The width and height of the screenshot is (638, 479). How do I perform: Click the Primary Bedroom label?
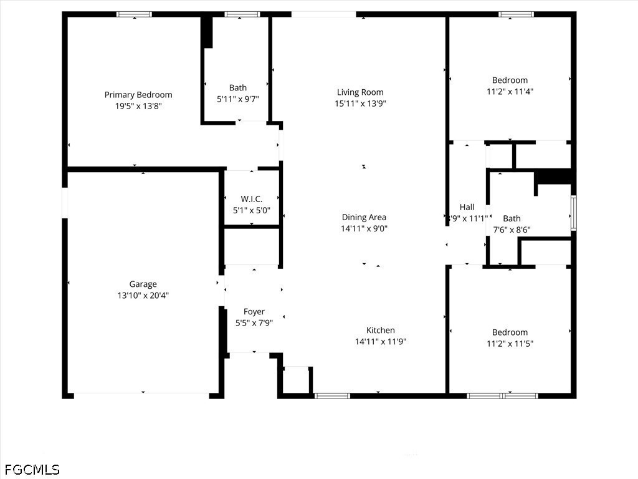[x=138, y=95]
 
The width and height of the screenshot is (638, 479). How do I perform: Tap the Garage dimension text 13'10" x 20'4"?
[x=143, y=295]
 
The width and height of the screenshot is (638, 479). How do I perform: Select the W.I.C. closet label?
[x=252, y=199]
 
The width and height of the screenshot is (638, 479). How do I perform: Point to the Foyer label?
[x=254, y=312]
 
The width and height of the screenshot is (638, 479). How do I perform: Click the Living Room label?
[x=360, y=92]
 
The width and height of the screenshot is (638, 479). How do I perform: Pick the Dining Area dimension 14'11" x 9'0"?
[x=364, y=228]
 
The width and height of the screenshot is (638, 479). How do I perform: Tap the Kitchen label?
[x=381, y=331]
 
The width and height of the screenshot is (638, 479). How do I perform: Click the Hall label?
[x=467, y=207]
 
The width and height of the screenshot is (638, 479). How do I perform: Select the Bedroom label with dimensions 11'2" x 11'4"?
[x=510, y=80]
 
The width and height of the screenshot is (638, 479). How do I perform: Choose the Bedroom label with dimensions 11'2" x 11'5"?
[x=510, y=332]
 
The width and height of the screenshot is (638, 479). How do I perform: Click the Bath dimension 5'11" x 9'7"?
[x=238, y=99]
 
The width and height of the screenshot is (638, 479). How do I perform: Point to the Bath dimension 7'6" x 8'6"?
[x=512, y=230]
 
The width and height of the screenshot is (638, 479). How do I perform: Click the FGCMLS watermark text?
[x=32, y=470]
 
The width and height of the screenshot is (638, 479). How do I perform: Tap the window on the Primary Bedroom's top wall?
[x=135, y=14]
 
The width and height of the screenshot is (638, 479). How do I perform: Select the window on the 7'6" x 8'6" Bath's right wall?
[x=574, y=213]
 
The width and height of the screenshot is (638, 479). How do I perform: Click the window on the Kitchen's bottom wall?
[x=333, y=395]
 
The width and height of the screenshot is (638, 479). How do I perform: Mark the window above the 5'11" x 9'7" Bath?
[x=242, y=14]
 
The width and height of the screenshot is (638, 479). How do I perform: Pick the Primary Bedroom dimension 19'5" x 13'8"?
[x=139, y=106]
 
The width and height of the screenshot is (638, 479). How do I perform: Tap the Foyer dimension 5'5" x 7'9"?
[x=254, y=323]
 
